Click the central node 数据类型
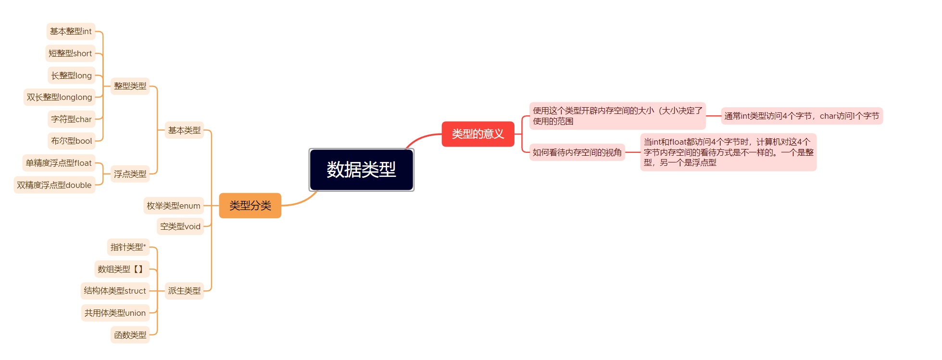click(361, 170)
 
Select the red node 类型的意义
click(477, 134)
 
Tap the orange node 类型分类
click(250, 206)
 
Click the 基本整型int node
click(71, 31)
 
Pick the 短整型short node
click(70, 53)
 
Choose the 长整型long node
click(71, 75)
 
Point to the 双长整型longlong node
click(59, 97)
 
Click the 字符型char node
click(71, 119)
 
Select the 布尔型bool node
click(71, 141)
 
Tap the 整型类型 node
click(130, 86)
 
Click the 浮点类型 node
click(130, 174)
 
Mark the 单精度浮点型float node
click(59, 163)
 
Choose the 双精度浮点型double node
click(54, 185)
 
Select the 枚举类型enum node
click(174, 206)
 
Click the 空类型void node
click(180, 226)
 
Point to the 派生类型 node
click(184, 291)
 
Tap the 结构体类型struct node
click(115, 291)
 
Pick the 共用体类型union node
click(115, 313)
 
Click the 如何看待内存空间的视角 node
click(577, 152)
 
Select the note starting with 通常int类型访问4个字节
click(802, 116)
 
